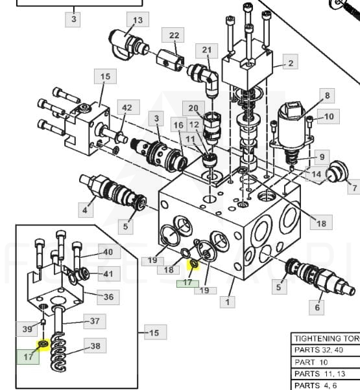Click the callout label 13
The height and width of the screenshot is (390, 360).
point(138,19)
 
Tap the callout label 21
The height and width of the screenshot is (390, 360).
point(207,51)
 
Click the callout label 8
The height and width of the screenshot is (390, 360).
point(327,95)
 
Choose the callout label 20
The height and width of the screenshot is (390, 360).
point(193,108)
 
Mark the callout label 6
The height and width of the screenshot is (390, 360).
point(317,308)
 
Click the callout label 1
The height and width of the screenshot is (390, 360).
point(227,301)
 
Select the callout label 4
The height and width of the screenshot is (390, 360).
point(86,210)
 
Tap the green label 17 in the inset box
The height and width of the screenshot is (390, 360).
point(28,357)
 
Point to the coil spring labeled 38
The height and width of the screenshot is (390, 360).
point(58,352)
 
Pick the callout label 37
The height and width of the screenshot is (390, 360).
point(95,321)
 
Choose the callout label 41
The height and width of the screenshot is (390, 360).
point(109,273)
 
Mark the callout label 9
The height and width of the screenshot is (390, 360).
point(322,157)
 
